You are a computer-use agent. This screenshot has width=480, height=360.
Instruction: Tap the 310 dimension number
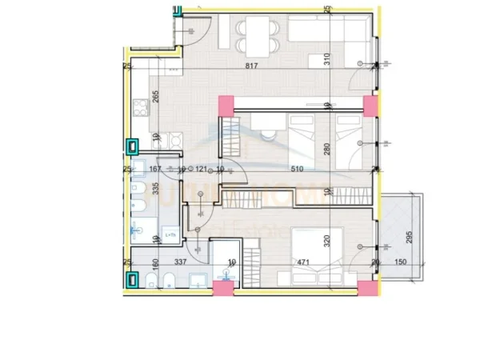[327, 58]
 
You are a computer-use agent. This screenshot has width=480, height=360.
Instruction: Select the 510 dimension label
[297, 169]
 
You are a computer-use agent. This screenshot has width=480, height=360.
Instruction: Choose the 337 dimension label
[182, 260]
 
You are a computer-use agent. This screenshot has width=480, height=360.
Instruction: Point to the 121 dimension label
[202, 169]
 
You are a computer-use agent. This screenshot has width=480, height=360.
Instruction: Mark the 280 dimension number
[327, 149]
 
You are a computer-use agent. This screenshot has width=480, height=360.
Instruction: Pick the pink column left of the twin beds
[226, 104]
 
